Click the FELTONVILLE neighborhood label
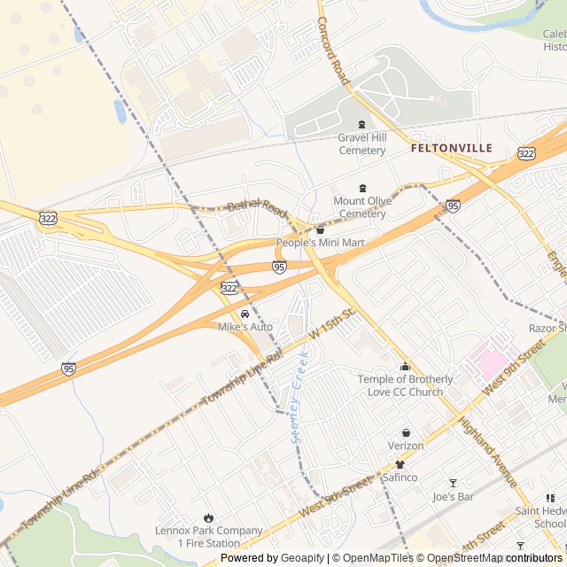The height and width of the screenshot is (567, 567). pyautogui.click(x=451, y=149)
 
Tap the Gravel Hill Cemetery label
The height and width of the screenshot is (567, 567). pyautogui.click(x=361, y=144)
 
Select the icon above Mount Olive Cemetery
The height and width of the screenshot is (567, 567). pyautogui.click(x=361, y=188)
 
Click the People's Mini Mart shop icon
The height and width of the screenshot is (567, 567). pyautogui.click(x=320, y=229)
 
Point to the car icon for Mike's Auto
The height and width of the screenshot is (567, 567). pyautogui.click(x=245, y=315)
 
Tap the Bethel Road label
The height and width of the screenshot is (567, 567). pyautogui.click(x=257, y=211)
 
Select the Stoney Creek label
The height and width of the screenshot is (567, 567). pyautogui.click(x=299, y=396)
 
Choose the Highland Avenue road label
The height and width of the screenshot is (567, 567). pyautogui.click(x=488, y=452)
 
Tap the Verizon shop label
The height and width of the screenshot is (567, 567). pyautogui.click(x=406, y=445)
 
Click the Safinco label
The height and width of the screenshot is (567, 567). pyautogui.click(x=400, y=477)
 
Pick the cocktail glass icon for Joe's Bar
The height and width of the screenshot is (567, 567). pyautogui.click(x=453, y=483)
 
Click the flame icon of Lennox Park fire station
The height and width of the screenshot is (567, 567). pyautogui.click(x=208, y=517)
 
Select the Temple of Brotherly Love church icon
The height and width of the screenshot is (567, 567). pyautogui.click(x=405, y=367)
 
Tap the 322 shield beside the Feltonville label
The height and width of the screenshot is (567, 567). pyautogui.click(x=526, y=153)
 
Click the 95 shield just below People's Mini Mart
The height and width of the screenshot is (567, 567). pyautogui.click(x=279, y=267)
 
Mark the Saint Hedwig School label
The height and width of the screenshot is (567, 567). pyautogui.click(x=540, y=517)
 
